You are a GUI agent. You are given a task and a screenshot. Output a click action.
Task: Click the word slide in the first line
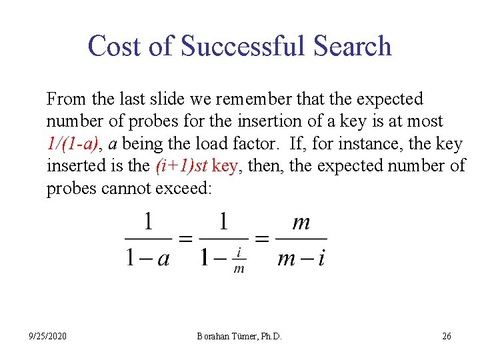click(x=160, y=99)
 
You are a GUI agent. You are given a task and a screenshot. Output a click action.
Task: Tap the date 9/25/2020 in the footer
click(x=47, y=336)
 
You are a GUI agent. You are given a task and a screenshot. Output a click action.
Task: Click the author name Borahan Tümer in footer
click(x=229, y=336)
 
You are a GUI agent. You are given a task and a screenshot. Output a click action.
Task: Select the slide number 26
click(x=446, y=336)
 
